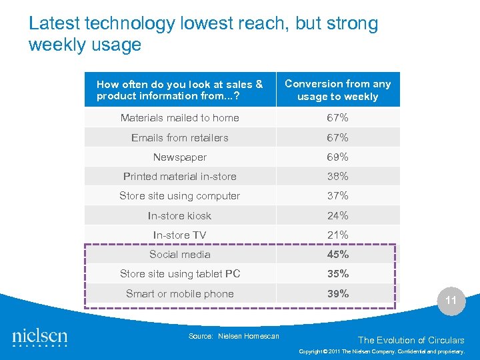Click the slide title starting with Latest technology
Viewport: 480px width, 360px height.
[x=203, y=35]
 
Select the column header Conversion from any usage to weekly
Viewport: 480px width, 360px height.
[x=337, y=90]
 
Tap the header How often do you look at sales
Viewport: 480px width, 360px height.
[x=179, y=90]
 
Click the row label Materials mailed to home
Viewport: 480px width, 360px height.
[x=179, y=118]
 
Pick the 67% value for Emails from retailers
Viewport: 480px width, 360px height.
[x=337, y=138]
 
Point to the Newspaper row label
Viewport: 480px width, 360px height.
[x=179, y=157]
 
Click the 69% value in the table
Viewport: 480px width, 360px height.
[x=337, y=157]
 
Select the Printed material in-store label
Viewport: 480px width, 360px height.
[x=179, y=177]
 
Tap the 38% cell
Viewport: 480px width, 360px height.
[x=337, y=177]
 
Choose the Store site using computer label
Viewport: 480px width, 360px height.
[x=179, y=196]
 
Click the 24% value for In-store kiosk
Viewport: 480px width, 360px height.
[x=337, y=216]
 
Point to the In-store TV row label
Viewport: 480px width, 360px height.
[x=179, y=235]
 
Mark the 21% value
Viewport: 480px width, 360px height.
[x=337, y=235]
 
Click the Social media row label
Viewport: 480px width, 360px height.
[x=179, y=255]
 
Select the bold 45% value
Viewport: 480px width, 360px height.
[x=337, y=255]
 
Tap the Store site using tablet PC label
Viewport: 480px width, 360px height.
[x=179, y=274]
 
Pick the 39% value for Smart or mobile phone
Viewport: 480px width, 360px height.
[x=337, y=294]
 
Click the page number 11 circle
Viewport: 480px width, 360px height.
[x=451, y=301]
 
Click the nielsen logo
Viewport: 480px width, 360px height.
[x=40, y=337]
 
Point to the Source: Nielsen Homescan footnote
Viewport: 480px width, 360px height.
[x=233, y=336]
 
